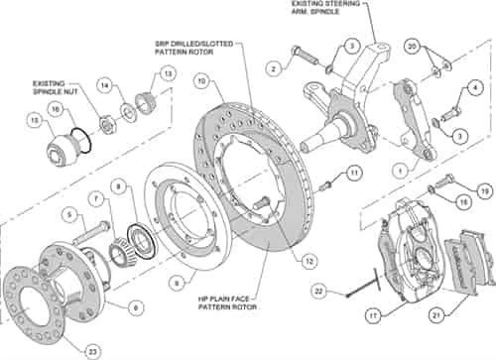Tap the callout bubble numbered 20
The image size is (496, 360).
[412, 47]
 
